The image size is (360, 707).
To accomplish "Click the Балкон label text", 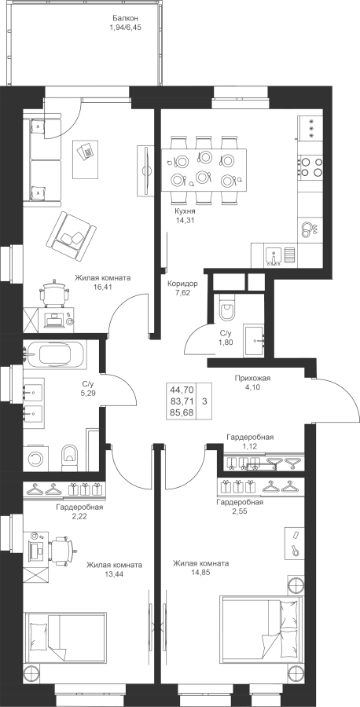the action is pos(125,19).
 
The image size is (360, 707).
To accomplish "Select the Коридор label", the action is pos(182,284).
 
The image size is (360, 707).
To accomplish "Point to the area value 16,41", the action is pos(103,286).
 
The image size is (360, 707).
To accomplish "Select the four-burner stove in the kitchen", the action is pos(310,166).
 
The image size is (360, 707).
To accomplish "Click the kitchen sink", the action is pos(274,256).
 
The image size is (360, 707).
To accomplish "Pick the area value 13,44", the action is pos(115,574).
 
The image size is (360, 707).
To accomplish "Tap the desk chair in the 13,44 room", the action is pos(61,550).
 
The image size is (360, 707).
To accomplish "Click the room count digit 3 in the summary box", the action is pos(205,401).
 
